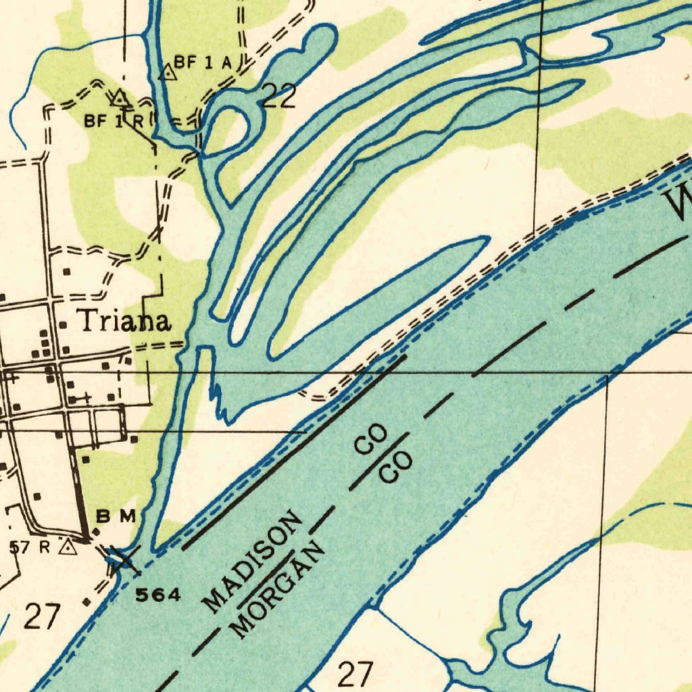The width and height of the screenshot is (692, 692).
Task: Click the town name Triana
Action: (123, 322)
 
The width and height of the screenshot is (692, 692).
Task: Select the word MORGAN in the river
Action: (277, 593)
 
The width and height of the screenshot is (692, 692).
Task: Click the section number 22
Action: (278, 98)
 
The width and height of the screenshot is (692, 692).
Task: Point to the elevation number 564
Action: (159, 595)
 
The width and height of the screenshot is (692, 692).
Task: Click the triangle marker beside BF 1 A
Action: (166, 72)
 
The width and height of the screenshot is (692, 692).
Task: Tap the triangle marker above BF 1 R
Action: (120, 99)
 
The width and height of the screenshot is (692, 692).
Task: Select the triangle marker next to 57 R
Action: (68, 546)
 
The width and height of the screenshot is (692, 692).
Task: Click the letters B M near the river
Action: (116, 517)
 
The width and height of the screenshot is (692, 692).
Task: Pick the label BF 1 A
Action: (203, 63)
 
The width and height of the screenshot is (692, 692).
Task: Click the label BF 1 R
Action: (114, 122)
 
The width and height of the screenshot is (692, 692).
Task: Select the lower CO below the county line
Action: (396, 468)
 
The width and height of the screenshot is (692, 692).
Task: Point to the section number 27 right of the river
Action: (355, 674)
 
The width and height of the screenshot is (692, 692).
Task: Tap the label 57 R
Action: (30, 547)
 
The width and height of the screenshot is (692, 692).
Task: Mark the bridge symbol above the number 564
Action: (122, 560)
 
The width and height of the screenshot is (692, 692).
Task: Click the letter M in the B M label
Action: (128, 517)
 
